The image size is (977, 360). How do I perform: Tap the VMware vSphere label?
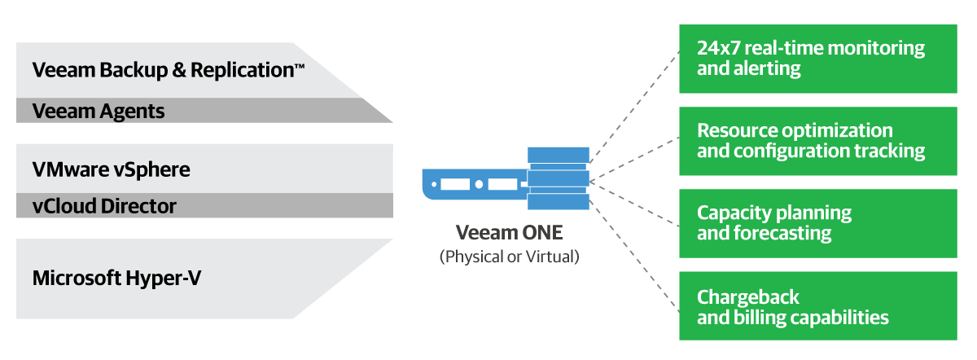click(111, 169)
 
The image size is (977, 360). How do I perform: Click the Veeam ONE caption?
click(509, 233)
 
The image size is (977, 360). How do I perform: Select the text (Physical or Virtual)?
click(510, 257)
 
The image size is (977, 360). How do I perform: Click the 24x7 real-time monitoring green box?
click(817, 58)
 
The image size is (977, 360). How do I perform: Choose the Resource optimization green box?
click(817, 140)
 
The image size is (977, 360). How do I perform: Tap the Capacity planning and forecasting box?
click(817, 222)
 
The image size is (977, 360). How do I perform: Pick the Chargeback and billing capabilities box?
click(817, 305)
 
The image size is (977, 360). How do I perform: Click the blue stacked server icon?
click(558, 178)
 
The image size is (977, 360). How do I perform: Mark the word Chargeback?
click(748, 296)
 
